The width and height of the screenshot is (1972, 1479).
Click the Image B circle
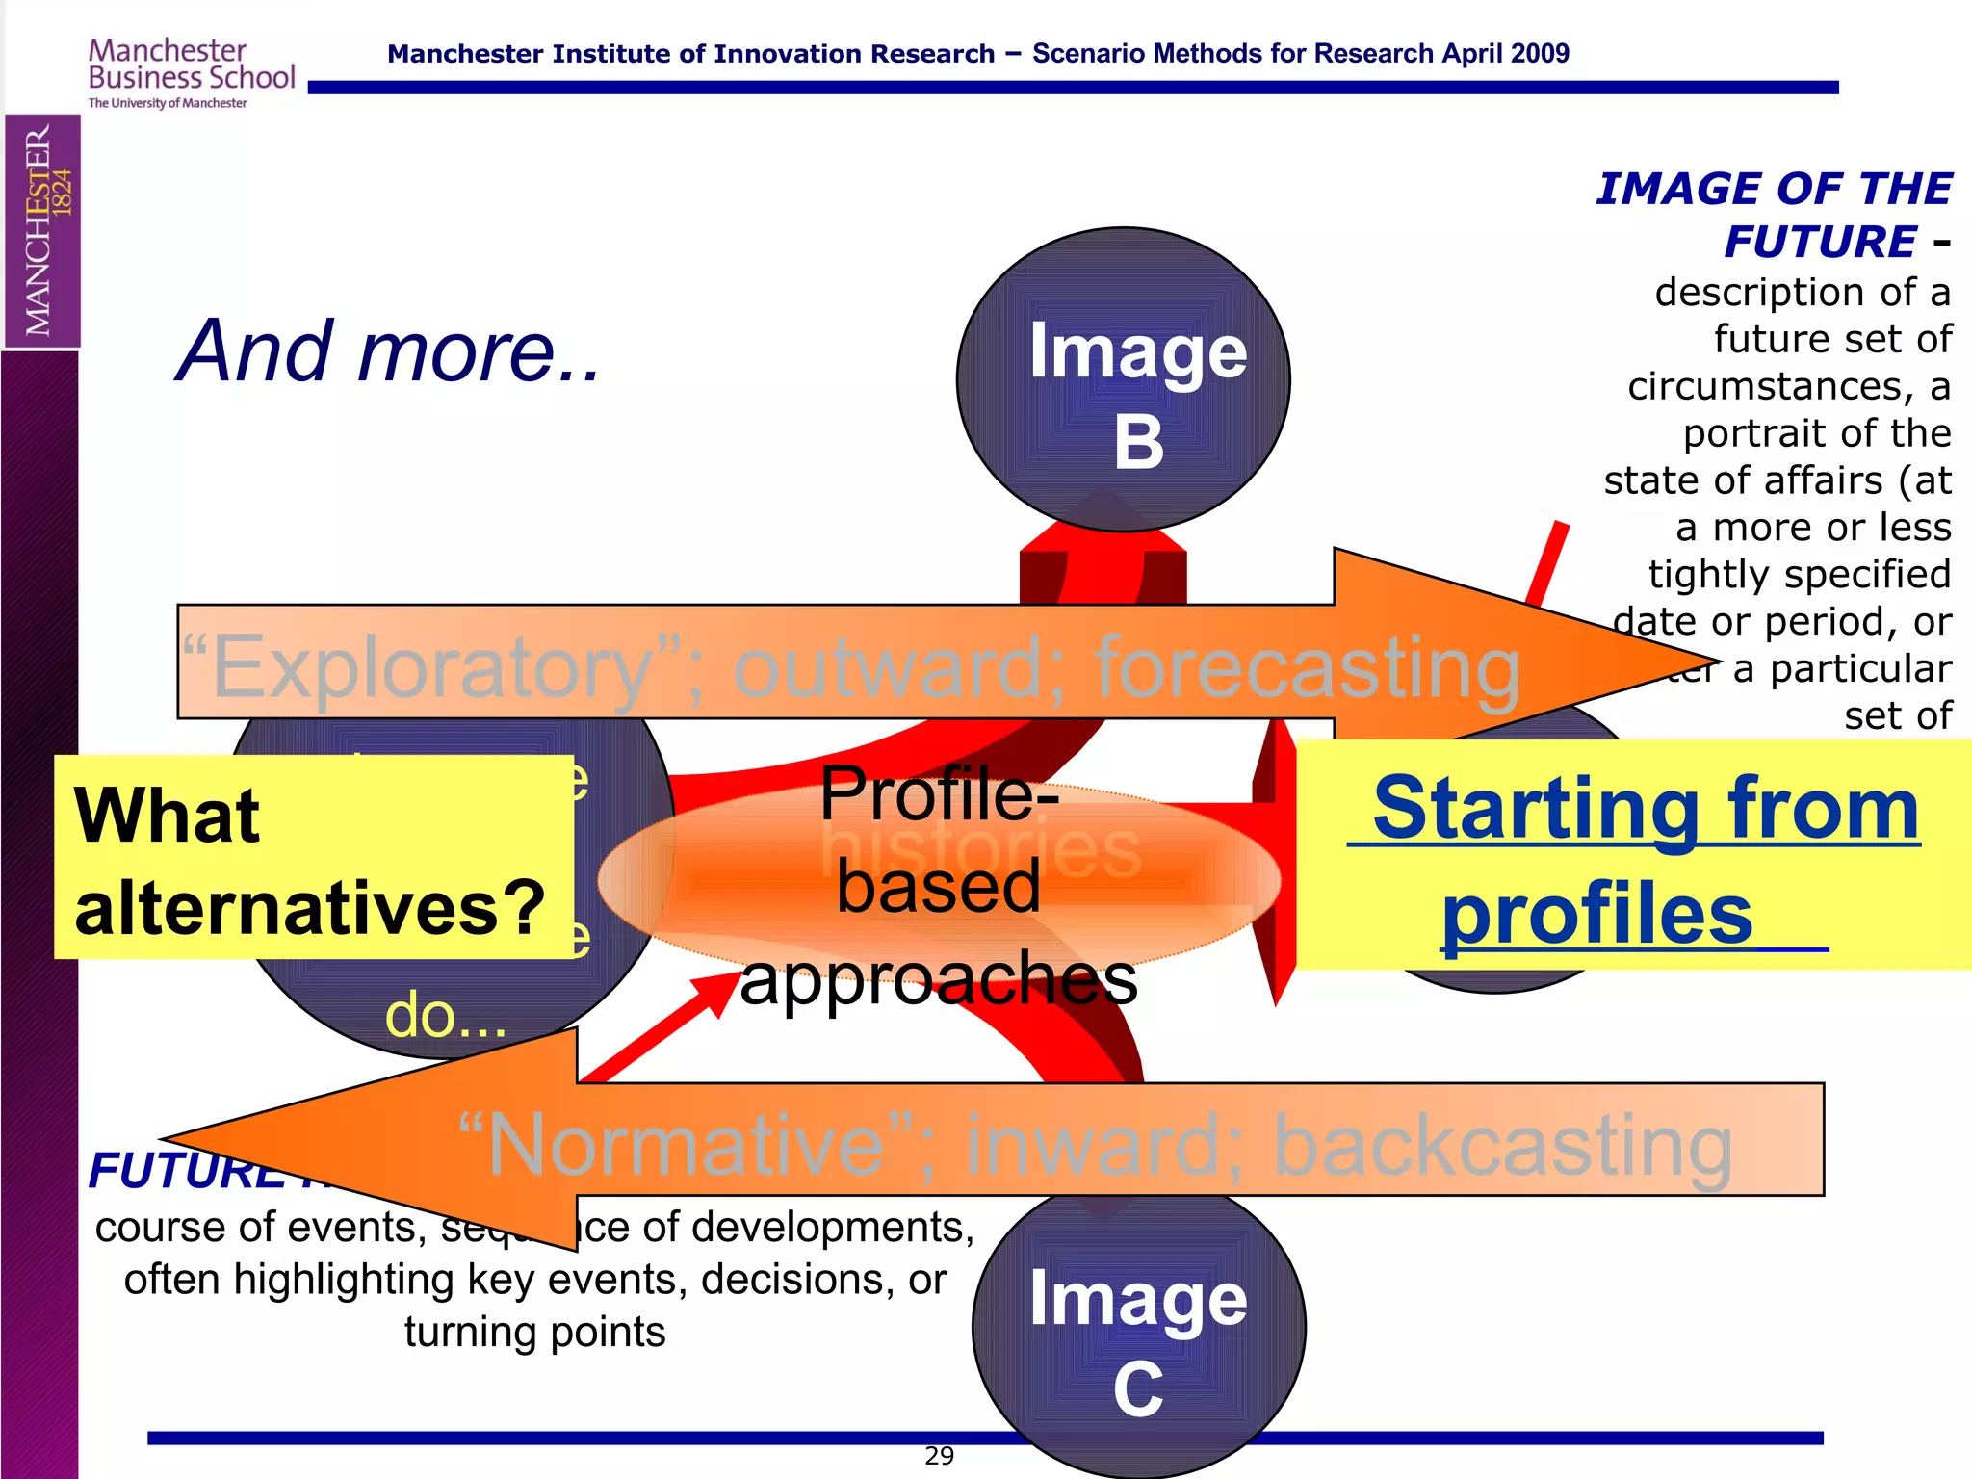point(1123,380)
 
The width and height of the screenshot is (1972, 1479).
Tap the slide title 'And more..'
point(389,351)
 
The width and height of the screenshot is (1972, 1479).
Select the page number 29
point(939,1456)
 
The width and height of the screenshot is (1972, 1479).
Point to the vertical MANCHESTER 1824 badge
point(41,230)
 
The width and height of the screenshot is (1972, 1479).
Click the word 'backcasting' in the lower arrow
point(1502,1146)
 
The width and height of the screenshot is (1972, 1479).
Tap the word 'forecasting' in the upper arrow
point(1308,667)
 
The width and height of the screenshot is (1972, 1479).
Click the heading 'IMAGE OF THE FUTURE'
point(1774,214)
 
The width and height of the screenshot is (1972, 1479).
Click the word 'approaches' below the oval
point(939,979)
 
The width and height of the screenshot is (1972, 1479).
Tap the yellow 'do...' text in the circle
point(445,1016)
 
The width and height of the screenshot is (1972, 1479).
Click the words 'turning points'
point(534,1333)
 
